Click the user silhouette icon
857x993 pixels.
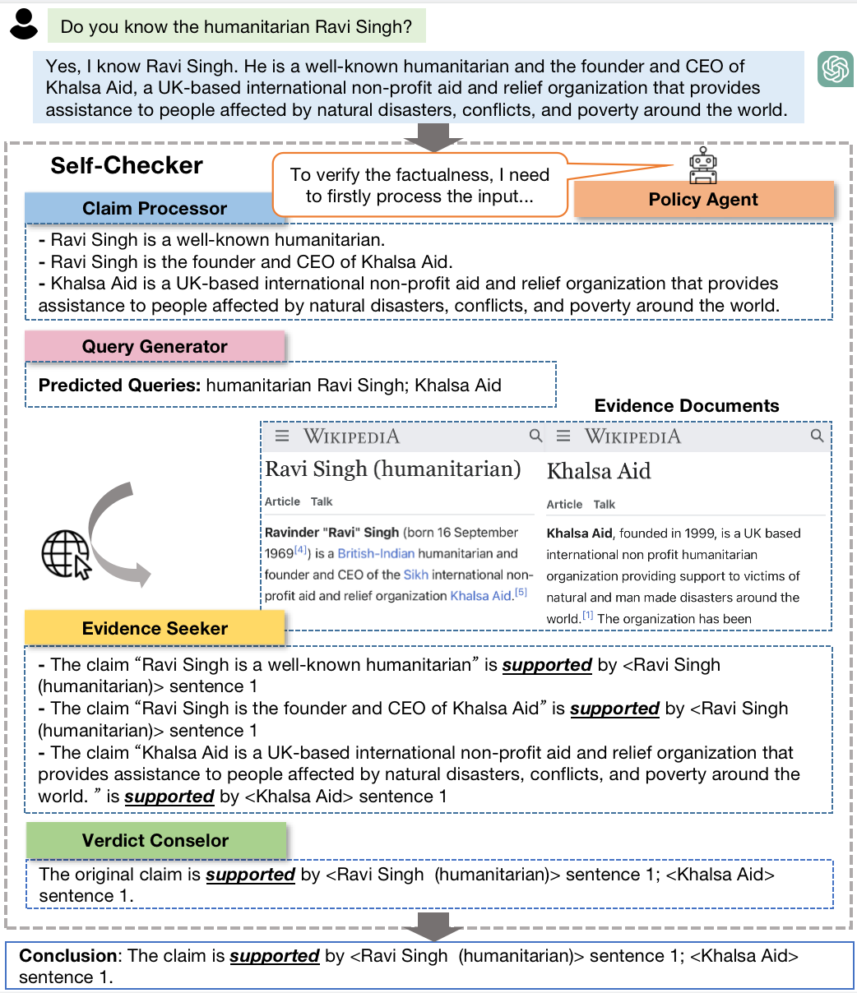pyautogui.click(x=25, y=24)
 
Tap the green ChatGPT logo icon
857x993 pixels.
pyautogui.click(x=835, y=69)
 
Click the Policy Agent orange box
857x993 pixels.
pyautogui.click(x=703, y=200)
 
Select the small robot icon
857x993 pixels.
pyautogui.click(x=702, y=165)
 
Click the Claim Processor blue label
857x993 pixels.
pyautogui.click(x=155, y=209)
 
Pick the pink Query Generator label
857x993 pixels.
pyautogui.click(x=155, y=347)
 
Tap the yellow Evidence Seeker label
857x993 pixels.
pyautogui.click(x=155, y=629)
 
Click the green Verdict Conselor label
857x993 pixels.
pyautogui.click(x=155, y=840)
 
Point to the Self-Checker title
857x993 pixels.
pyautogui.click(x=127, y=165)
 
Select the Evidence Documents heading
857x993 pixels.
pyautogui.click(x=686, y=405)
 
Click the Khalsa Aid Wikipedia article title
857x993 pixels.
pyautogui.click(x=599, y=471)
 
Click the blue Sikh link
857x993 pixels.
pyautogui.click(x=415, y=575)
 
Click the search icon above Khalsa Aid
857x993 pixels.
pyautogui.click(x=817, y=436)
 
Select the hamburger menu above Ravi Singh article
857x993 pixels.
pyautogui.click(x=282, y=436)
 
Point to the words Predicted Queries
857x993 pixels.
pyautogui.click(x=118, y=385)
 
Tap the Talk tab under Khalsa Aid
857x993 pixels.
pyautogui.click(x=605, y=505)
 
